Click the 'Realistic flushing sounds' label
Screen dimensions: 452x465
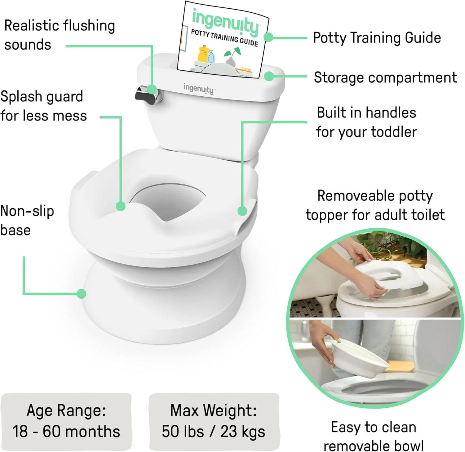pos(59,35)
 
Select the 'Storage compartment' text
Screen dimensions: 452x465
pos(385,77)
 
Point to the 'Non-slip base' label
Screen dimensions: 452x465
pos(27,220)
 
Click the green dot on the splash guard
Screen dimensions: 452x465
pos(121,206)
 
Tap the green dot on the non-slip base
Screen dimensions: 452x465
pos(81,294)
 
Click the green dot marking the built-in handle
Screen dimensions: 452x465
pos(242,211)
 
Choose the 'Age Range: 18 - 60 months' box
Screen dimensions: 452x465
pos(66,421)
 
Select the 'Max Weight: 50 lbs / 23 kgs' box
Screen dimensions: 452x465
pos(214,421)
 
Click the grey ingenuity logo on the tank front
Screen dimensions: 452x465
pos(199,89)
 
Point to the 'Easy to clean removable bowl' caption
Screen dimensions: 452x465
pos(374,437)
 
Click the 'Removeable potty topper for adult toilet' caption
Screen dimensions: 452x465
pos(375,205)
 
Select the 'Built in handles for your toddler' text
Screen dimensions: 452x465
pos(366,122)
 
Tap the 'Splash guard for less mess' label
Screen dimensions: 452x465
pos(43,106)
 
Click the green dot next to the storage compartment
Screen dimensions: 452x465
pos(269,76)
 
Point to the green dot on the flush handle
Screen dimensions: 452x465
pos(152,89)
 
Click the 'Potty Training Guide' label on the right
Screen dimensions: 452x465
pos(377,38)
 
